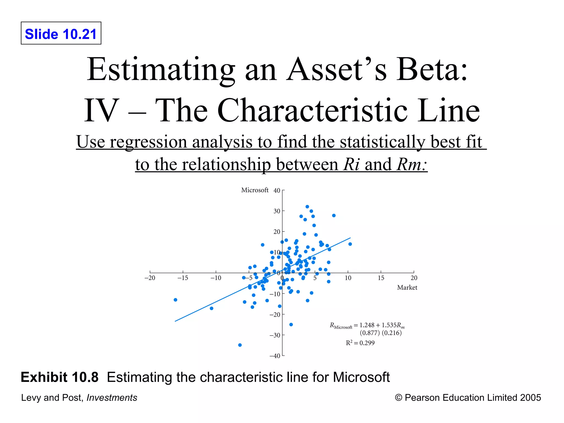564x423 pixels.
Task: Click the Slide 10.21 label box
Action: point(61,33)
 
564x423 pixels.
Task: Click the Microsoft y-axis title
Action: point(254,190)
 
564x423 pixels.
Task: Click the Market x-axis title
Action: point(407,288)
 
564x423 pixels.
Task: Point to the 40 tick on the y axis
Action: point(277,191)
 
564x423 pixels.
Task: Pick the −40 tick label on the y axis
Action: point(275,356)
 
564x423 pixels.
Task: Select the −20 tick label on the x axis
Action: point(150,278)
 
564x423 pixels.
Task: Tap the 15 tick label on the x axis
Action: point(381,278)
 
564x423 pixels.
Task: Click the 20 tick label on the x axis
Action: point(414,278)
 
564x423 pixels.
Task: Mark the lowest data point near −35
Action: point(240,345)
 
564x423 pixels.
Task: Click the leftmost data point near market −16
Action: point(175,300)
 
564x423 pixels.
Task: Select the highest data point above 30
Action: point(307,207)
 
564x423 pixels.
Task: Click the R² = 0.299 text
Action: point(360,343)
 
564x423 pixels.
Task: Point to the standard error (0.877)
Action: point(370,333)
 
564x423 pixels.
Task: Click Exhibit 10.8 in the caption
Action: point(59,377)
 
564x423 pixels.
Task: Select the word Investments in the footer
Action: point(112,398)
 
